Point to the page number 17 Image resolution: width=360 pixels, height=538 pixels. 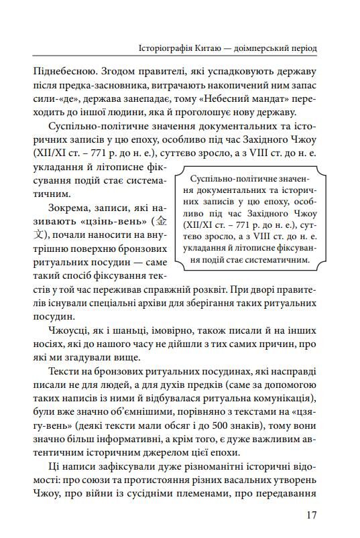pos(309,515)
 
